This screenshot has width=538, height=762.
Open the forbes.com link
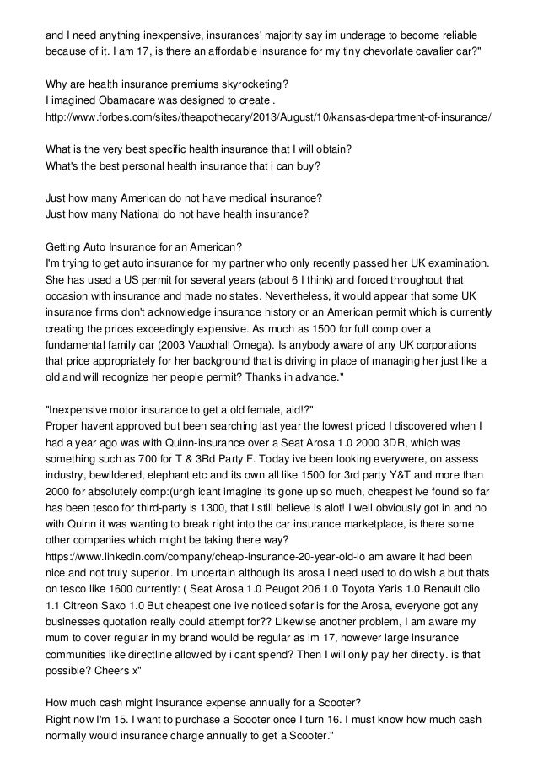pyautogui.click(x=269, y=116)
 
